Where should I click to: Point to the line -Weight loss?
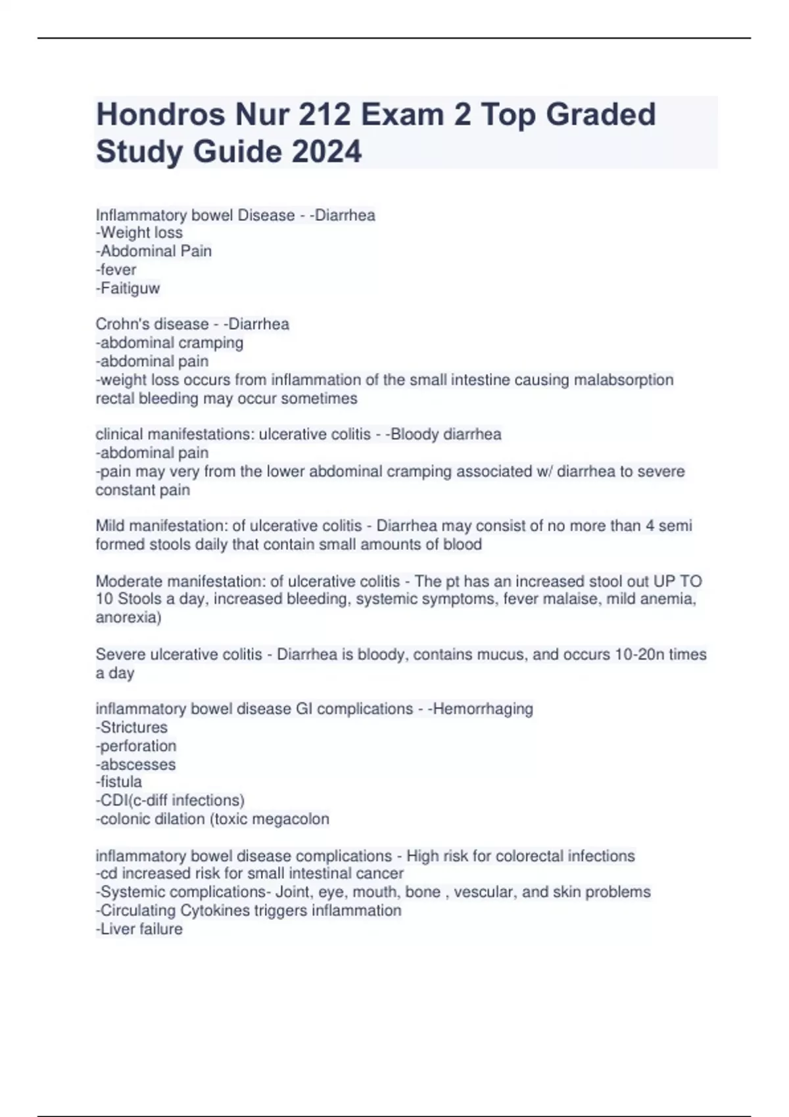coord(139,233)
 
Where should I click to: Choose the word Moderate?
coord(126,581)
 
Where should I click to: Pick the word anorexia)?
coord(128,618)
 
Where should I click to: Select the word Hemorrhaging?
coord(483,709)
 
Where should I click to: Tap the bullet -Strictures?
coord(132,727)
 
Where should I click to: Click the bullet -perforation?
coord(137,746)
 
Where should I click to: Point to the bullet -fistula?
coord(119,782)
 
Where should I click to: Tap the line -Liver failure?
coord(139,929)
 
